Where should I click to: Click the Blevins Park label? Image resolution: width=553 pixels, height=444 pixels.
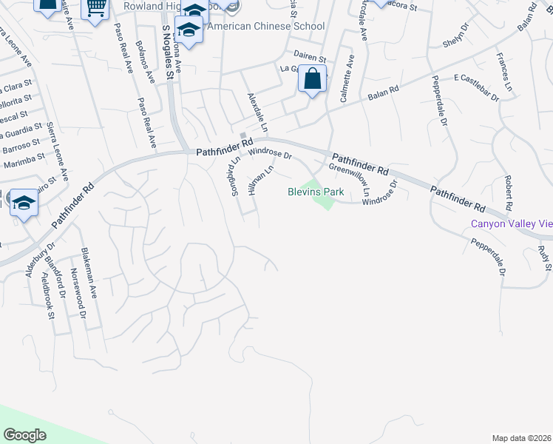pos(316,192)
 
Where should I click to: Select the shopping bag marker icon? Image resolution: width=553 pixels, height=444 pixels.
pos(312,78)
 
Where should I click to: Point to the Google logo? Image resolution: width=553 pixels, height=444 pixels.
pos(25,435)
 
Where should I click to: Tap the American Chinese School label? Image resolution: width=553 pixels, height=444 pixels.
pos(266,26)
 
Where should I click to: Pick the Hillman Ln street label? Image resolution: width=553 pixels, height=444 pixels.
pos(262,180)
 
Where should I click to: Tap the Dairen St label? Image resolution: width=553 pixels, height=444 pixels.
pos(309,57)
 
